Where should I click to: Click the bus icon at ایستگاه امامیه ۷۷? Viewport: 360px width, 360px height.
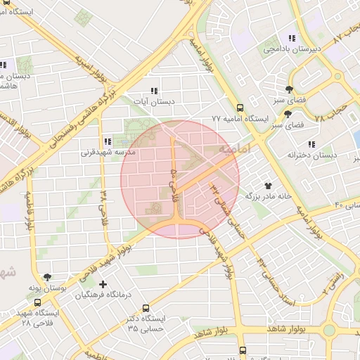(240, 108)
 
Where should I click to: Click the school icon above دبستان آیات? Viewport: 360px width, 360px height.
(154, 91)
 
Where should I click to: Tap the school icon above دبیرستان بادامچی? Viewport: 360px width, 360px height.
(291, 38)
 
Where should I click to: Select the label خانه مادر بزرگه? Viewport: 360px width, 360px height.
(267, 196)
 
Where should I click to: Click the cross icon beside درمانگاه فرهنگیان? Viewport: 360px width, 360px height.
(103, 285)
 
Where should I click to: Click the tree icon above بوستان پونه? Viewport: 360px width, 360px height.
(47, 277)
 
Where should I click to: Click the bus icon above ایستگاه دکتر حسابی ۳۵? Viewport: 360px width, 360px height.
(146, 308)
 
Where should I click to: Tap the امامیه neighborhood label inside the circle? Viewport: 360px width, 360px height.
(234, 151)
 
